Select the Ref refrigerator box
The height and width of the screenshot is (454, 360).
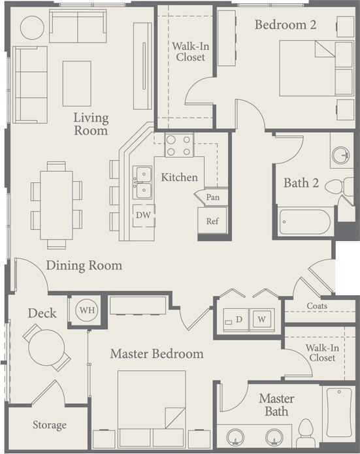212,221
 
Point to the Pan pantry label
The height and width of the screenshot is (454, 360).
212,197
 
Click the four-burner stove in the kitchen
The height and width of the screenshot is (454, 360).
179,145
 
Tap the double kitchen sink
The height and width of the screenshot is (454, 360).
142,182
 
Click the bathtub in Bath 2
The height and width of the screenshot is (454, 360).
304,221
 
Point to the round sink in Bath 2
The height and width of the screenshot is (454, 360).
340,155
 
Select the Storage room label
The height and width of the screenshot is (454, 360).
50,425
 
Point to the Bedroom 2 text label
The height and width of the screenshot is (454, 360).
285,25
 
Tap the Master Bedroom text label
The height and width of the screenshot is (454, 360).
156,354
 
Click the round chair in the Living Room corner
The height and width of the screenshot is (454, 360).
32,27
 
